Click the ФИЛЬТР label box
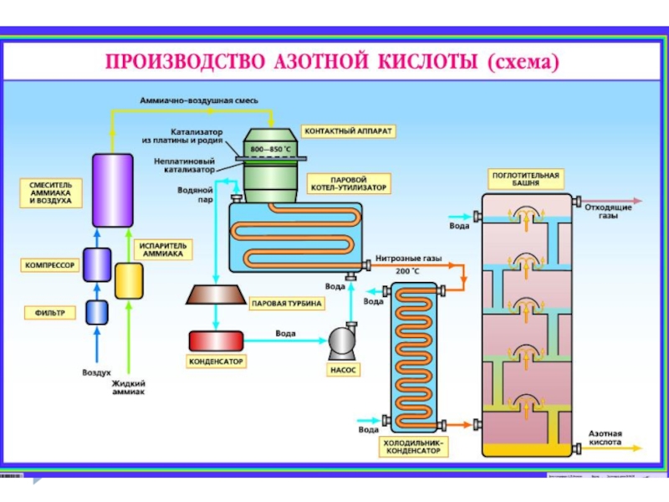[51, 313]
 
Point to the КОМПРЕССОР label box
[49, 266]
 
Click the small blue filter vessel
[98, 311]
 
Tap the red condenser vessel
[215, 341]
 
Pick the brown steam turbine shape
[216, 294]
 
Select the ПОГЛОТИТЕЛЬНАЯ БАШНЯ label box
[526, 179]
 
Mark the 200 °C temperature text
[407, 271]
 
